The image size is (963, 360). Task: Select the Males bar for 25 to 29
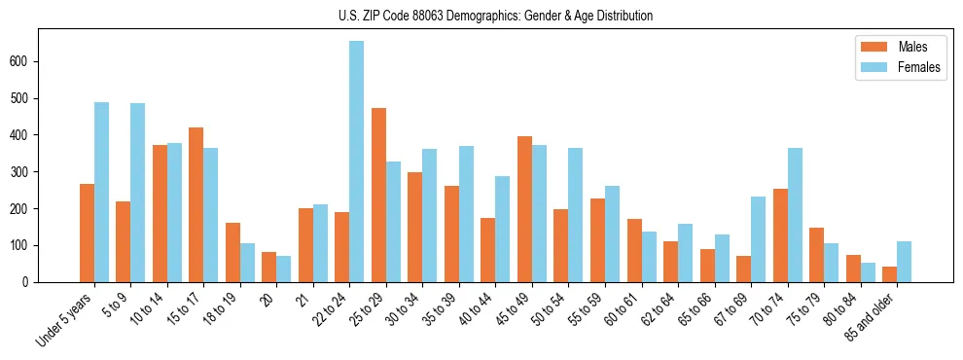(378, 195)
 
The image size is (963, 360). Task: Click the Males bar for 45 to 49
(524, 209)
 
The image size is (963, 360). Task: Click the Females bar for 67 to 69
(758, 239)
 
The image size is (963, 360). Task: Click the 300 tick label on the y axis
(25, 172)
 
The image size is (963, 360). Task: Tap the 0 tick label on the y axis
(30, 282)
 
